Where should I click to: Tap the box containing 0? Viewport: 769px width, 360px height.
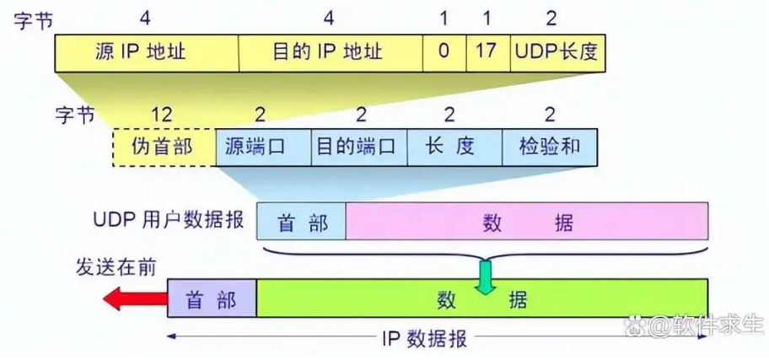click(444, 52)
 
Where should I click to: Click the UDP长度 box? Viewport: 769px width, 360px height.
click(557, 52)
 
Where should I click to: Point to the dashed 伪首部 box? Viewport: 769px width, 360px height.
click(164, 146)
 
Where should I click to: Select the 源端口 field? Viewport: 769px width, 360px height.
click(263, 146)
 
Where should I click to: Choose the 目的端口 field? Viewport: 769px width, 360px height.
click(359, 146)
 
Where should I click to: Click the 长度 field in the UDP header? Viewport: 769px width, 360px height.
click(454, 146)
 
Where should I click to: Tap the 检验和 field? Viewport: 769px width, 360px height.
click(552, 146)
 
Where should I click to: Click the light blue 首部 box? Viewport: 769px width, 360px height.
click(301, 222)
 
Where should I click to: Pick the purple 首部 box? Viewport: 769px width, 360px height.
click(212, 299)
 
